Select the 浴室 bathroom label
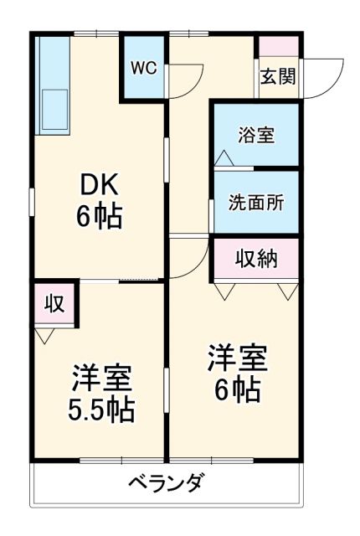click(x=255, y=136)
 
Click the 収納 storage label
click(x=255, y=258)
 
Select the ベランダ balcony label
click(x=166, y=483)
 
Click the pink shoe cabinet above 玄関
click(x=277, y=47)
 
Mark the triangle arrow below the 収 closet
click(x=45, y=336)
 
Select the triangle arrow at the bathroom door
click(x=223, y=157)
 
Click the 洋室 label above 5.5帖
click(x=100, y=379)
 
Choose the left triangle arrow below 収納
click(x=224, y=291)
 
